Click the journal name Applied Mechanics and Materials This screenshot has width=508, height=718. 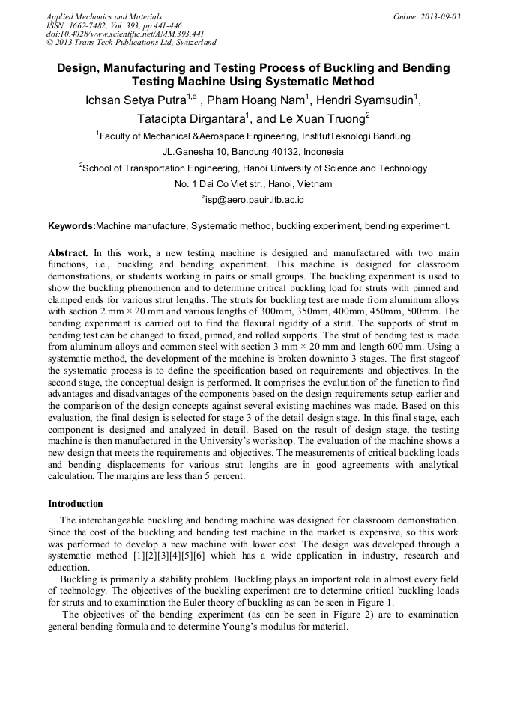tap(103, 16)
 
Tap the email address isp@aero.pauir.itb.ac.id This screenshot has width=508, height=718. tap(255, 200)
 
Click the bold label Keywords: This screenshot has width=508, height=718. tap(72, 225)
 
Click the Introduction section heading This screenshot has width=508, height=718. tap(75, 504)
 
